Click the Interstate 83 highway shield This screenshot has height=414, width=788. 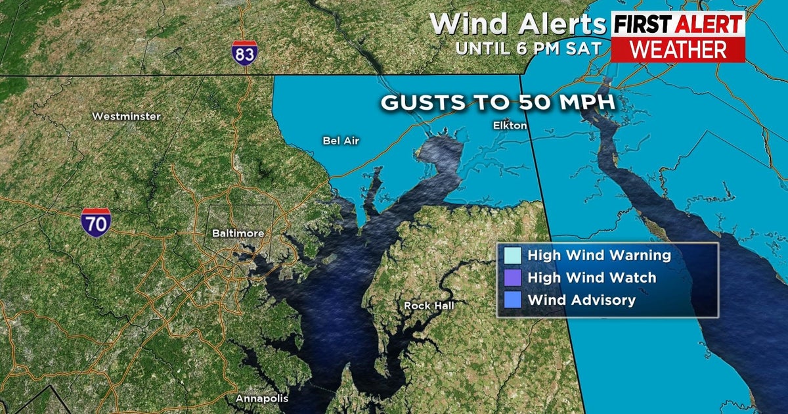(x=244, y=52)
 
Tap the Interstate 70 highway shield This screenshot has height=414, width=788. (x=96, y=222)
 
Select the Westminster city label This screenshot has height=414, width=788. (x=126, y=116)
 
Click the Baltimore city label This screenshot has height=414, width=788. (x=238, y=233)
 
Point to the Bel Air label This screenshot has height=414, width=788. (x=341, y=140)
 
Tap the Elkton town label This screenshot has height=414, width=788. (x=510, y=125)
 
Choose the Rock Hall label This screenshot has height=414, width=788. (x=428, y=306)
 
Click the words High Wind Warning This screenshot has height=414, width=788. (x=599, y=256)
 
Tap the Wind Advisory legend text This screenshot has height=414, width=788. (x=582, y=300)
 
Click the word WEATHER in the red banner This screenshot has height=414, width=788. (x=677, y=49)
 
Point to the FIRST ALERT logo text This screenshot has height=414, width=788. (x=677, y=25)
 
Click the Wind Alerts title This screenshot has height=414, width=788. (x=517, y=24)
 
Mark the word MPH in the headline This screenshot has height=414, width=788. (x=590, y=103)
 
